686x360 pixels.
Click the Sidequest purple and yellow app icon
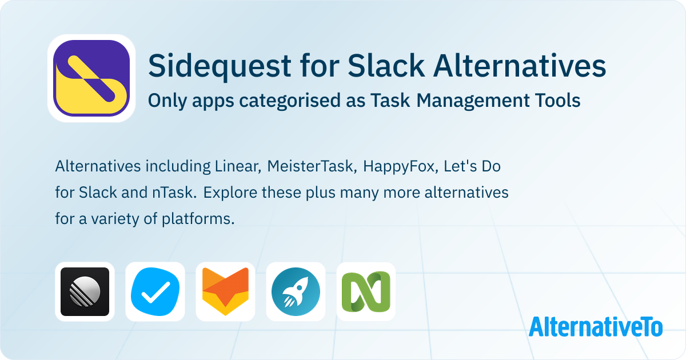[x=91, y=78]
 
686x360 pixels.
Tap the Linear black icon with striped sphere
[x=85, y=291]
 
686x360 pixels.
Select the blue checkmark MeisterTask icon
[x=155, y=291]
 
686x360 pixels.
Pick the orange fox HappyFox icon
[x=225, y=291]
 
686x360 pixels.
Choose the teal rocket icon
[x=296, y=291]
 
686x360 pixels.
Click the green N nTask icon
[x=366, y=291]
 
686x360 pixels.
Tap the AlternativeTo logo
[x=596, y=327]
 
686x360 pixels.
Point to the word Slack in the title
[x=386, y=65]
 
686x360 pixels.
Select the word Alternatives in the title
[x=520, y=65]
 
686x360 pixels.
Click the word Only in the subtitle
[x=167, y=101]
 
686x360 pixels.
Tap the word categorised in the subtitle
[x=290, y=101]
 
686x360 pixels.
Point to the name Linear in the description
[x=238, y=166]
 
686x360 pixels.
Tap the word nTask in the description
[x=174, y=193]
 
